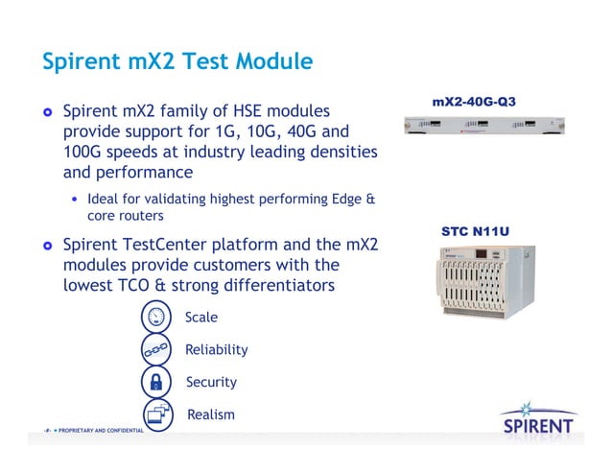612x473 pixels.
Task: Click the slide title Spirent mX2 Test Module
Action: point(177,61)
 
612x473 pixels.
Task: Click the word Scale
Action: point(201,318)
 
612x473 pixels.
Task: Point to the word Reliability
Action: point(217,350)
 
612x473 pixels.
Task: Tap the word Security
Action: point(211,382)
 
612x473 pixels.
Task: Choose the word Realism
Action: point(210,414)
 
